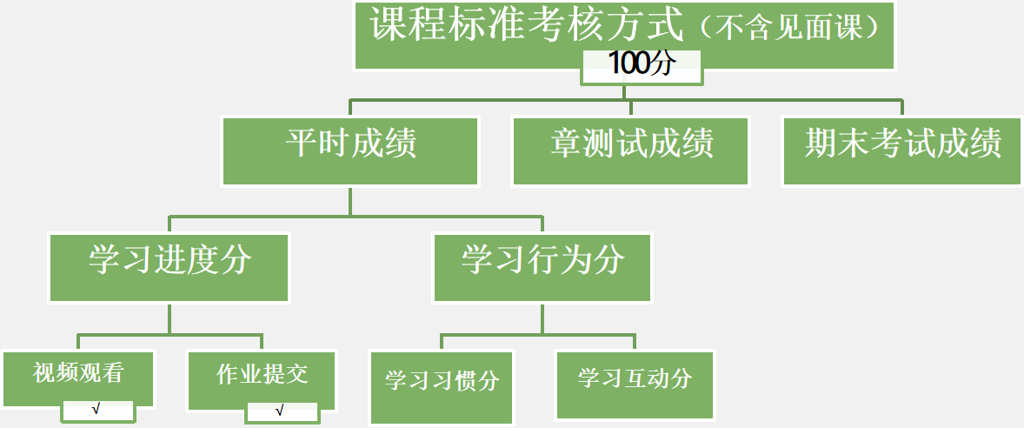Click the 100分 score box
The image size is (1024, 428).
[x=642, y=66]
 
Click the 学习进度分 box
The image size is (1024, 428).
[x=170, y=266]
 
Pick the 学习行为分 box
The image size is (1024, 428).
[x=542, y=266]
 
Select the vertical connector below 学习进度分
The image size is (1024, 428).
[x=170, y=318]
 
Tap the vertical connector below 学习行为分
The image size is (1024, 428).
[x=542, y=318]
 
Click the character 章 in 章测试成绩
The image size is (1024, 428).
[x=565, y=144]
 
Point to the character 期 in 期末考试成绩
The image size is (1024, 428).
[x=821, y=144]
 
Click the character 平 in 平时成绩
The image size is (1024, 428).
[x=302, y=144]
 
